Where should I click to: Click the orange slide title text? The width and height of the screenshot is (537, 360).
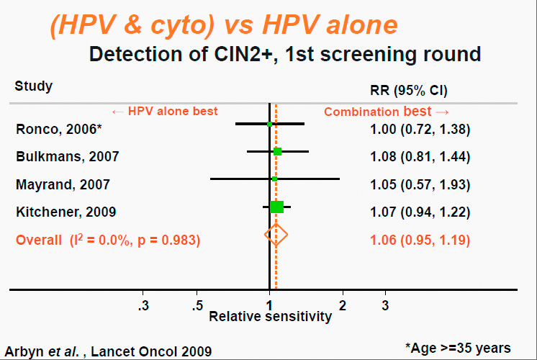[x=223, y=25]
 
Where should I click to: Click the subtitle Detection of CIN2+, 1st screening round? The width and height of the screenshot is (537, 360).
[x=284, y=53]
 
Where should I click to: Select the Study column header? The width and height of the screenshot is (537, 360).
[x=34, y=86]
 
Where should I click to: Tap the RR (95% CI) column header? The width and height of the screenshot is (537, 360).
[x=408, y=91]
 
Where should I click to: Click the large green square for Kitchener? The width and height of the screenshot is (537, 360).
[x=276, y=207]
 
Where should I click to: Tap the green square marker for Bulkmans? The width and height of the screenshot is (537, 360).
[x=278, y=151]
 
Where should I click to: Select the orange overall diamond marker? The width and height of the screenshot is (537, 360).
[x=276, y=234]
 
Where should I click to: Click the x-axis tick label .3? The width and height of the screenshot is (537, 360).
[x=143, y=304]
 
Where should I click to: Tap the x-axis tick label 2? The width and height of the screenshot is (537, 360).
[x=343, y=304]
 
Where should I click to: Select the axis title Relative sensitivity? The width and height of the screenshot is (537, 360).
[x=271, y=316]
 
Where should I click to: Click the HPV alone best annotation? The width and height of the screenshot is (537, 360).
[x=165, y=112]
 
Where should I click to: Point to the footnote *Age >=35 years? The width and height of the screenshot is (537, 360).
[x=458, y=348]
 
